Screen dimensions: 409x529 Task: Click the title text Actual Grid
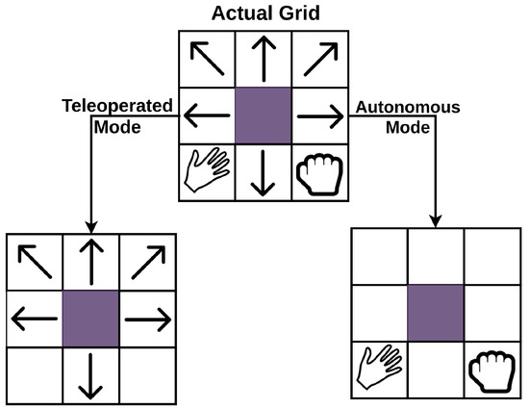click(264, 14)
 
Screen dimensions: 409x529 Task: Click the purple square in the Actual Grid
click(264, 115)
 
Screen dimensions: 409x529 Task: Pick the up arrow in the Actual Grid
click(264, 60)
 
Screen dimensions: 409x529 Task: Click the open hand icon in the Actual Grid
click(207, 171)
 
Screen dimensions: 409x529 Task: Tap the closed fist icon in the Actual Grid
click(320, 171)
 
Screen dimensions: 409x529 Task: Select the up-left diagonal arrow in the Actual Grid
click(207, 60)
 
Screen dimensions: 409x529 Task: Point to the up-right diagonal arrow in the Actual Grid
click(320, 60)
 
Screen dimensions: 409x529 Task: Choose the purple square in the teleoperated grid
click(91, 318)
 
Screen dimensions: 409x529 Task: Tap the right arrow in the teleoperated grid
click(148, 318)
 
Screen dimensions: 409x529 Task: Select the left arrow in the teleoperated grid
click(35, 318)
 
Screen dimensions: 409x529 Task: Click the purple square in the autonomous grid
click(436, 313)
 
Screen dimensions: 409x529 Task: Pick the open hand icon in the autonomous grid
click(379, 369)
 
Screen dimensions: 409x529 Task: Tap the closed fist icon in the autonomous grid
click(492, 369)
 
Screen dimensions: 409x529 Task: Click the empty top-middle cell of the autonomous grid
click(436, 256)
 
